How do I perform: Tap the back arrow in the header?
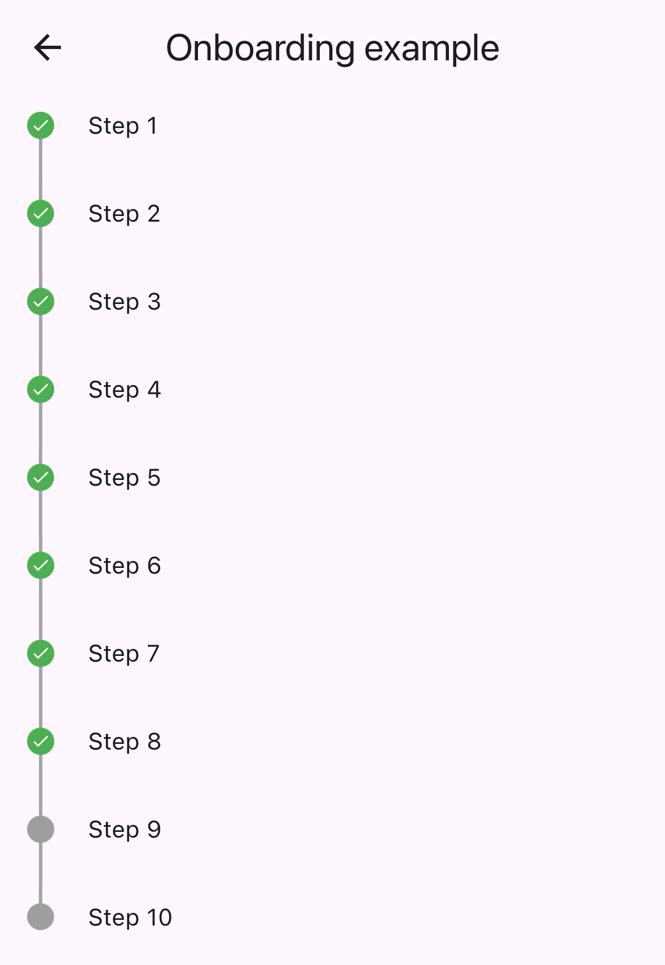pyautogui.click(x=47, y=47)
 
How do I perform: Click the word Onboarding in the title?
pyautogui.click(x=260, y=49)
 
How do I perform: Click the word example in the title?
pyautogui.click(x=431, y=49)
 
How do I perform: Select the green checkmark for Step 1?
pyautogui.click(x=41, y=125)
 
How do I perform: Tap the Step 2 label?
pyautogui.click(x=124, y=214)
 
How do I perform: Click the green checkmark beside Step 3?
pyautogui.click(x=41, y=301)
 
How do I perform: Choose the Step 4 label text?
pyautogui.click(x=124, y=390)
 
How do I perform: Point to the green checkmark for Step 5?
pyautogui.click(x=41, y=477)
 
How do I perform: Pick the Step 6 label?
pyautogui.click(x=124, y=566)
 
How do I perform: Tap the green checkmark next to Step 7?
pyautogui.click(x=41, y=653)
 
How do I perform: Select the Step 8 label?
pyautogui.click(x=124, y=742)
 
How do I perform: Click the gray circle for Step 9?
pyautogui.click(x=41, y=829)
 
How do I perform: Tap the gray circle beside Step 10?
pyautogui.click(x=41, y=916)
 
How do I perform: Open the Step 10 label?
pyautogui.click(x=130, y=918)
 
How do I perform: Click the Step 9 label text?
pyautogui.click(x=124, y=830)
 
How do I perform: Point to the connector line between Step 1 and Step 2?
pyautogui.click(x=41, y=169)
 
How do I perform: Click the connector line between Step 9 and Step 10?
pyautogui.click(x=41, y=873)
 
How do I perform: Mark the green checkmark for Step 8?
pyautogui.click(x=41, y=741)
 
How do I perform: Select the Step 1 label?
pyautogui.click(x=122, y=126)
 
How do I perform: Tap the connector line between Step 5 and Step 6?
pyautogui.click(x=41, y=521)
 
